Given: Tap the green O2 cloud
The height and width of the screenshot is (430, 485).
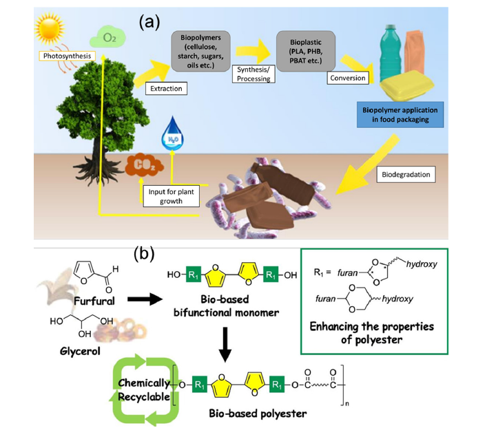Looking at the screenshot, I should [x=109, y=36].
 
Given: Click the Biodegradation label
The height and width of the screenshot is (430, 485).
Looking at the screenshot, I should [x=406, y=175].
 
